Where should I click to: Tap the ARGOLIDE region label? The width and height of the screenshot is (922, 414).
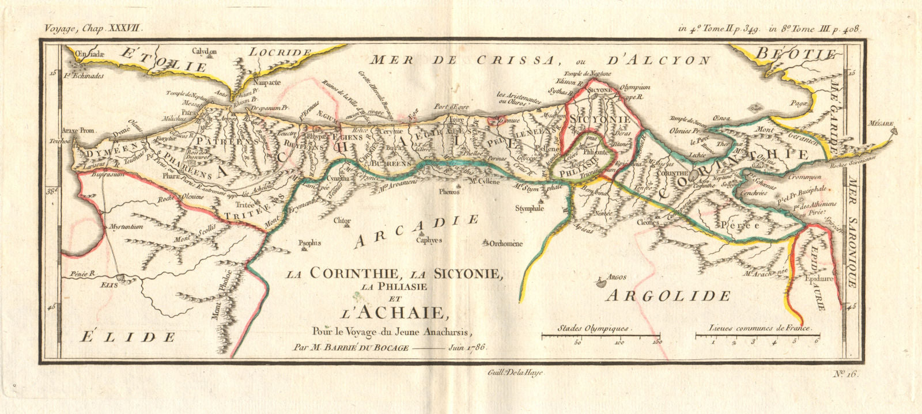[x=668, y=296]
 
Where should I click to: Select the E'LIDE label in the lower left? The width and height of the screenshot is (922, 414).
[x=127, y=336]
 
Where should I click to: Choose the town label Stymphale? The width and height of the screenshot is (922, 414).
[x=530, y=209]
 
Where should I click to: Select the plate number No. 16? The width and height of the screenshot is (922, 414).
[x=847, y=374]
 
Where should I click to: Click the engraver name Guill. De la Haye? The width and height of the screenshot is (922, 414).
[x=511, y=373]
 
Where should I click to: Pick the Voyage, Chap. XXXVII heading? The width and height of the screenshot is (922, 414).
[x=89, y=26]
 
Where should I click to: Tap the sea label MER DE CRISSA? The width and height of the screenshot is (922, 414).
[x=464, y=59]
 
